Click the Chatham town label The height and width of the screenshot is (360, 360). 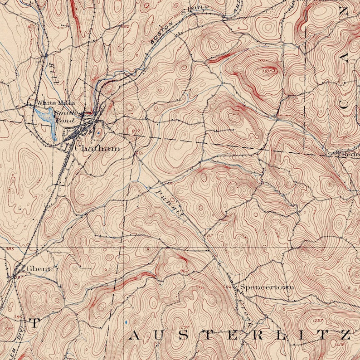[x=97, y=148]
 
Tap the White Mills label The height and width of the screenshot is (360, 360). [x=56, y=103]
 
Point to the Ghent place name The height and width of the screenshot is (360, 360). [x=38, y=268]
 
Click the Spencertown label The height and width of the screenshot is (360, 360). [x=267, y=287]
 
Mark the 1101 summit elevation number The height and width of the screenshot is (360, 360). [x=269, y=71]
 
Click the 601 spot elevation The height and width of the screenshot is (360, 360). [x=139, y=153]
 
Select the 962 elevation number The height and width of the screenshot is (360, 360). [x=184, y=272]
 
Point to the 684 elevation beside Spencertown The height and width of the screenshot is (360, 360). [x=228, y=287]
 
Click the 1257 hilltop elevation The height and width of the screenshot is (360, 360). [x=318, y=321]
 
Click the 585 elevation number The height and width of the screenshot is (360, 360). [x=5, y=327]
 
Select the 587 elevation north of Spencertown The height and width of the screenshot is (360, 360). [x=208, y=236]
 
